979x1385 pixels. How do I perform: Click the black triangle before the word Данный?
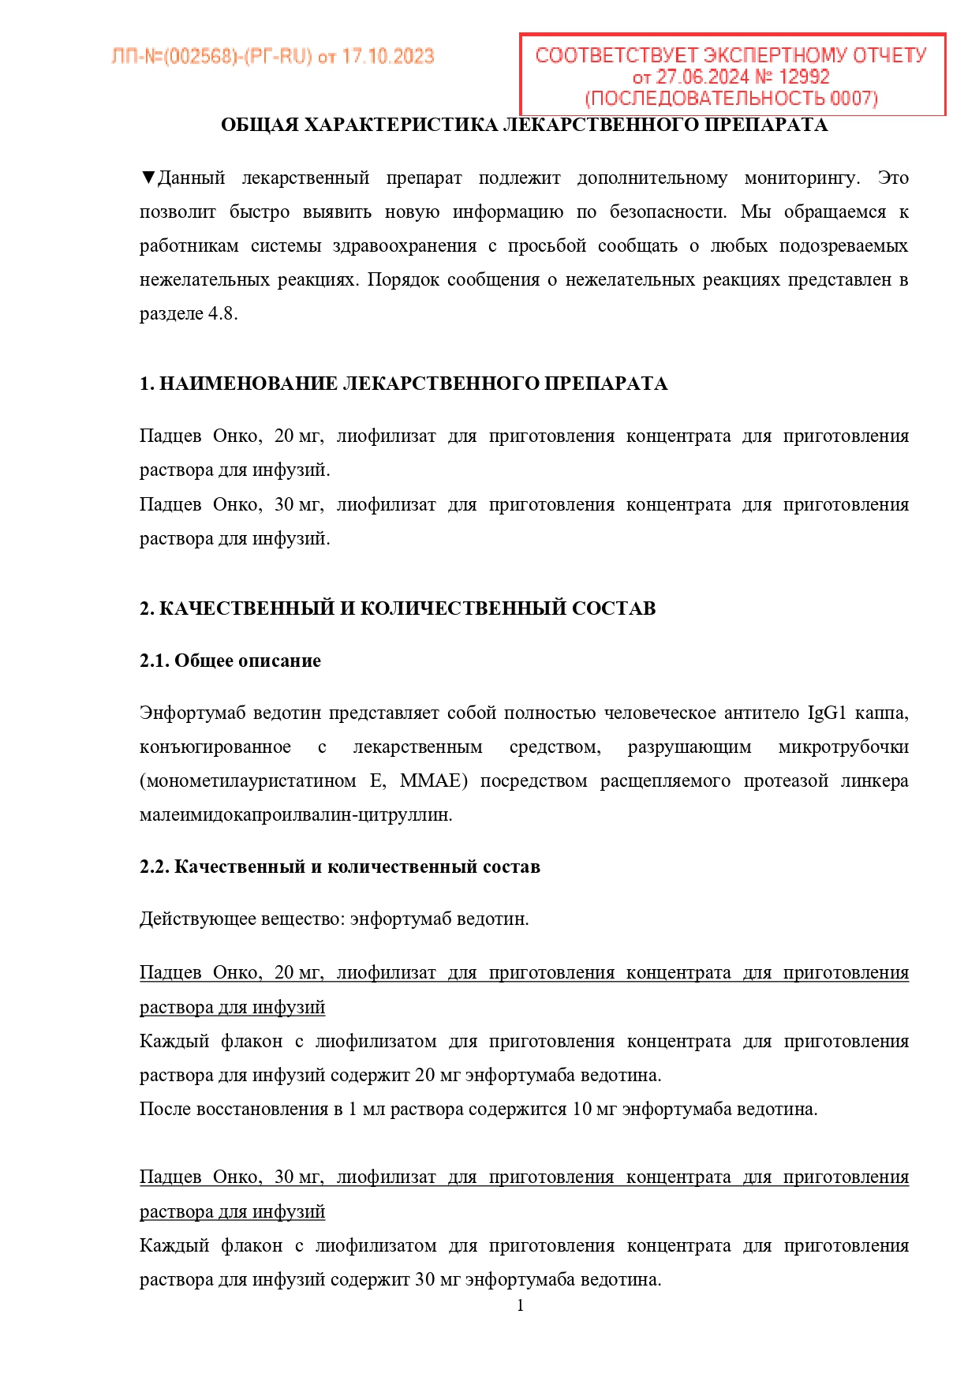pyautogui.click(x=148, y=178)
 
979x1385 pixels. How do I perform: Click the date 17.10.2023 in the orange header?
pyautogui.click(x=387, y=57)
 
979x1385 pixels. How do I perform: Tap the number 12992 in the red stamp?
pyautogui.click(x=804, y=77)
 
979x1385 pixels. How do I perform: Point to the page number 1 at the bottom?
pyautogui.click(x=520, y=1305)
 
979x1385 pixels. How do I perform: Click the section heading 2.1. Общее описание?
pyautogui.click(x=230, y=661)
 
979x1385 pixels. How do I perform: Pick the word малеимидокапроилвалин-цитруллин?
pyautogui.click(x=296, y=814)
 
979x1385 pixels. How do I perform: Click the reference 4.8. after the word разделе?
pyautogui.click(x=222, y=313)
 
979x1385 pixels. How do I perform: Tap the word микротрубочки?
pyautogui.click(x=843, y=747)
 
